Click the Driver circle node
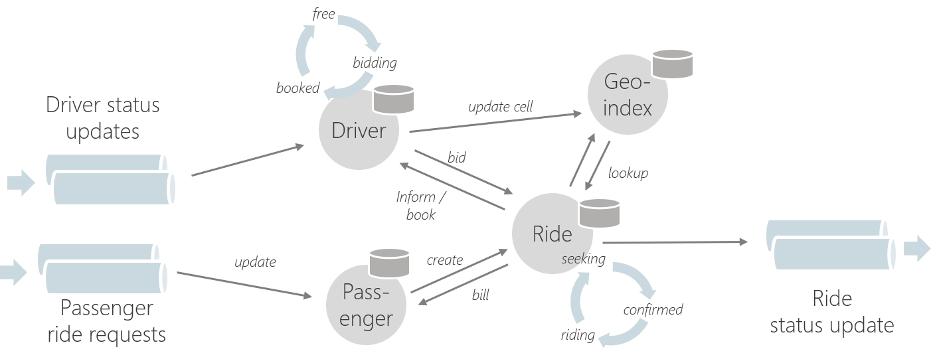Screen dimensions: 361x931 click(x=358, y=131)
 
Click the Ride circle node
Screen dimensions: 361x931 click(x=552, y=234)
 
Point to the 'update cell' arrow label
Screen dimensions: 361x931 click(x=500, y=106)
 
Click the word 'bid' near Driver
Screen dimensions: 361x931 click(x=457, y=157)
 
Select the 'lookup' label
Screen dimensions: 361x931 click(x=628, y=173)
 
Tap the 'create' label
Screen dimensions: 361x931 click(x=444, y=259)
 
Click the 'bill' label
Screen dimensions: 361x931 click(x=479, y=295)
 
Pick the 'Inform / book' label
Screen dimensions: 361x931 click(x=416, y=206)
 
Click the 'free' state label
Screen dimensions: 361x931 click(x=323, y=14)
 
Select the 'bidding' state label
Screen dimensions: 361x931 click(x=375, y=63)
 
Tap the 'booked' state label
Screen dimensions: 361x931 click(x=297, y=88)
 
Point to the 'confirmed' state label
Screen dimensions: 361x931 click(x=653, y=310)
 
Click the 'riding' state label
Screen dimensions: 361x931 click(x=577, y=334)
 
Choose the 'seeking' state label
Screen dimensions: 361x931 click(x=583, y=259)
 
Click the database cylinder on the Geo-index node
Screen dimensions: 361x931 click(x=672, y=63)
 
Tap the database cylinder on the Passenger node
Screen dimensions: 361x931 click(x=390, y=263)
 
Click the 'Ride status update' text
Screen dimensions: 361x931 click(x=831, y=312)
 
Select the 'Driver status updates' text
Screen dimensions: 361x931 click(x=103, y=117)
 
